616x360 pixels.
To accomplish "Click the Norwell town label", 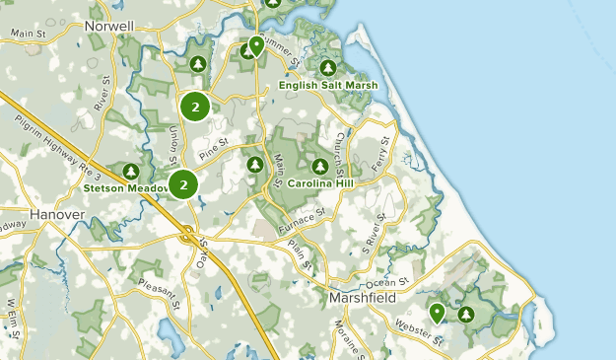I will (109, 25).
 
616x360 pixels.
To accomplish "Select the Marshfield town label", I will (363, 297).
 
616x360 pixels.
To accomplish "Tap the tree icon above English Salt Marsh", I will (327, 68).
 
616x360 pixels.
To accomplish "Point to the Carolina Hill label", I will (321, 183).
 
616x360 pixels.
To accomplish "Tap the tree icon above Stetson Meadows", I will (132, 171).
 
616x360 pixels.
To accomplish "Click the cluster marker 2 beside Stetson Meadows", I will (183, 184).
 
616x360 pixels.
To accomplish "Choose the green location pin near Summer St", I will (256, 45).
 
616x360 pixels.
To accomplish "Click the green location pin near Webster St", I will (437, 314).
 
